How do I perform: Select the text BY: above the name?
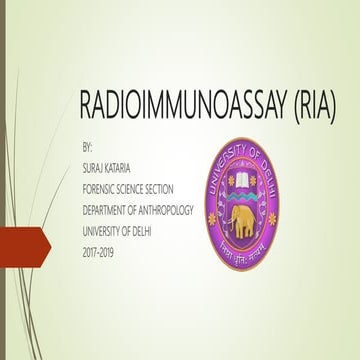(85, 147)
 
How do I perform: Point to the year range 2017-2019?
(99, 237)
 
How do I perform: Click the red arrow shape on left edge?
(18, 244)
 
